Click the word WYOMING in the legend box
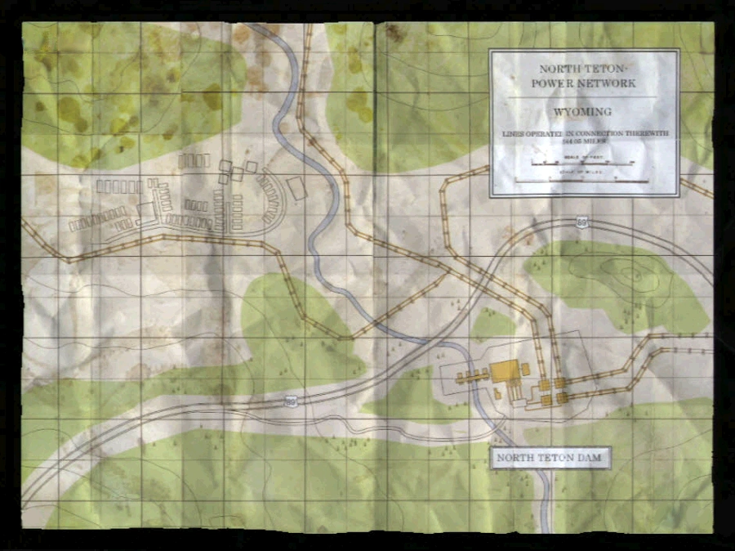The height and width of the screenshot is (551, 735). (583, 110)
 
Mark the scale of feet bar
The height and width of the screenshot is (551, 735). (583, 164)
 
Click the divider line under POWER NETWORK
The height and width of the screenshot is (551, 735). (583, 96)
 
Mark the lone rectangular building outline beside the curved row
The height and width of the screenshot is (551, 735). (297, 189)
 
